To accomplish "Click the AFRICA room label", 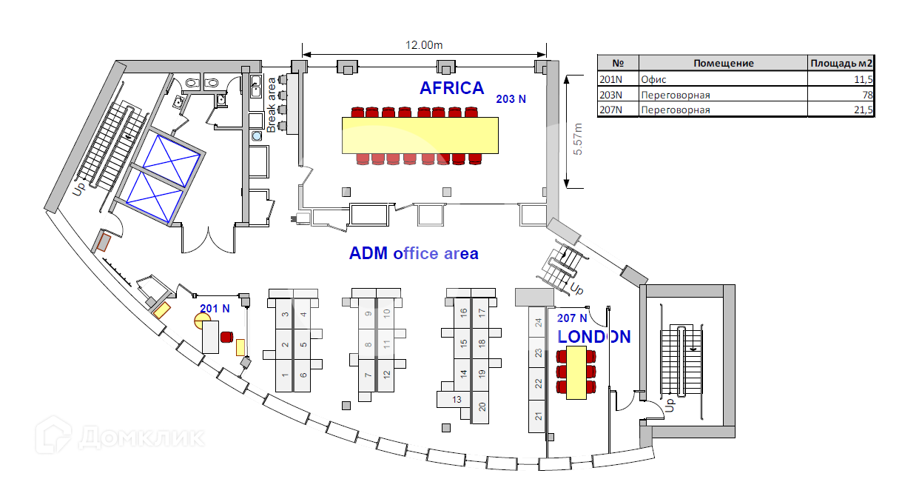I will tap(451, 88).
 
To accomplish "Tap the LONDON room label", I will tap(594, 337).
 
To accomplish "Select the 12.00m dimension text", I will tap(423, 44).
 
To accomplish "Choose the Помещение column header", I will tap(723, 63).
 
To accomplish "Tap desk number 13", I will tap(457, 400).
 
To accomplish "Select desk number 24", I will tap(539, 322).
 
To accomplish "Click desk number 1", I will tap(285, 375).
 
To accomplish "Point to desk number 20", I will tap(482, 406).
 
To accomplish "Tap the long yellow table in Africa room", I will tap(421, 135).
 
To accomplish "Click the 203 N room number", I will tap(511, 98).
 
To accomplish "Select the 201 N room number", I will tap(215, 307).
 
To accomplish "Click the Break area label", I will tap(272, 104).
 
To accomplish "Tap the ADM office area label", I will tap(414, 253).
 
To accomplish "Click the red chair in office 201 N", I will tap(226, 338).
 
